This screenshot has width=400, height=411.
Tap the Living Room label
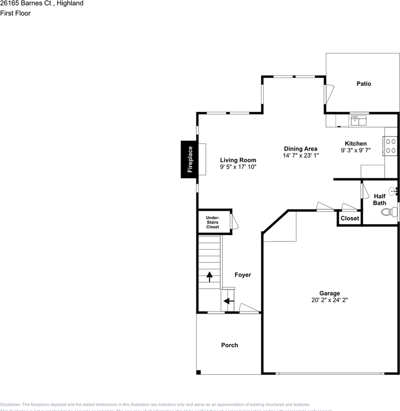pos(238,160)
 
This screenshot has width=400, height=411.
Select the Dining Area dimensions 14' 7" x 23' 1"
pos(301,155)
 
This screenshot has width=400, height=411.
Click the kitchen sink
pos(359,120)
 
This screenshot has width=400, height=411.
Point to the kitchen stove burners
pos(391,145)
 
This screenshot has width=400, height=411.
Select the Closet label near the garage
pos(350,218)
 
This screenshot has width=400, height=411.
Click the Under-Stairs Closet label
pos(213,222)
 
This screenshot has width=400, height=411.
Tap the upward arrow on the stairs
pos(210,277)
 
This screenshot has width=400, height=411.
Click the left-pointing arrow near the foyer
pos(228,301)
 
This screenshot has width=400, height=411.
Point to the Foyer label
pos(243,275)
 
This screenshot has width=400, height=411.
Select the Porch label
pos(229,345)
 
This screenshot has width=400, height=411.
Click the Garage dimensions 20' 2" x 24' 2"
pos(329,300)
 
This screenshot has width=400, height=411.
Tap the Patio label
pos(364,83)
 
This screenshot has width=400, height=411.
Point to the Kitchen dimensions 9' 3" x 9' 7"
pos(356,150)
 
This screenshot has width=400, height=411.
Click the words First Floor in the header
pos(15,13)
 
